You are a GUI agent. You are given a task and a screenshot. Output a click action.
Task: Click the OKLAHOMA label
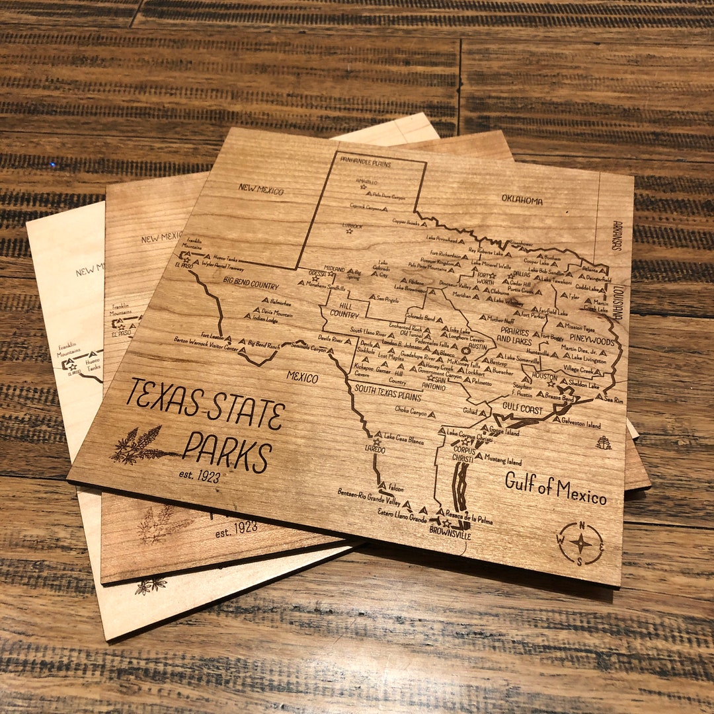522,200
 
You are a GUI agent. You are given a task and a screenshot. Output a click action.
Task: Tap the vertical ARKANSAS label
617,235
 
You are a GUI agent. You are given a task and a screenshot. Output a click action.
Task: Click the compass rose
580,543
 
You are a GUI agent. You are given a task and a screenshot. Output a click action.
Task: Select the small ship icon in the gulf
603,443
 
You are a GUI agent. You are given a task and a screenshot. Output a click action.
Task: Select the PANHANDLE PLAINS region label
366,163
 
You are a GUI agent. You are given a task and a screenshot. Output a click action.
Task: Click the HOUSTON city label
545,377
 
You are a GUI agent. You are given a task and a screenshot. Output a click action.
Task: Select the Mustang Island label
503,461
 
